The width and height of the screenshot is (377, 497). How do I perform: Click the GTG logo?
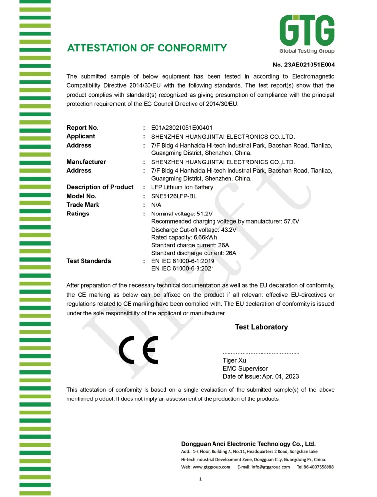click(x=307, y=33)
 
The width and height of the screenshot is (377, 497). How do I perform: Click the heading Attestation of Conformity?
click(x=147, y=48)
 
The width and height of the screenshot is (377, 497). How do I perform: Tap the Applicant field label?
click(x=81, y=136)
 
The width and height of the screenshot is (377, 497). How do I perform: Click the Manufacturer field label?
click(x=86, y=162)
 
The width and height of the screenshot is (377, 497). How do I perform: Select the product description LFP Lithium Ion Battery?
click(x=182, y=187)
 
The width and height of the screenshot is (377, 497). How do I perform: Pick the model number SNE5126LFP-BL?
click(x=174, y=196)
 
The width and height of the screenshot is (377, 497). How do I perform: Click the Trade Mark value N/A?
click(x=157, y=205)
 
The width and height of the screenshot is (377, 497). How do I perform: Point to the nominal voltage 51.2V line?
click(x=182, y=214)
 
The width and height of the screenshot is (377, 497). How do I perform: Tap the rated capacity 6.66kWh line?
click(x=184, y=237)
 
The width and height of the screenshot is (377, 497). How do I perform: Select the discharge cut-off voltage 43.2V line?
click(x=194, y=230)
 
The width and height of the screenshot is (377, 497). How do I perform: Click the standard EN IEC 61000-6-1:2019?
click(x=182, y=261)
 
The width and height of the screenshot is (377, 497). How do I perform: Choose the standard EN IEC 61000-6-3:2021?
click(x=182, y=268)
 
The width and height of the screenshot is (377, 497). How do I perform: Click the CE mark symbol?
click(x=139, y=350)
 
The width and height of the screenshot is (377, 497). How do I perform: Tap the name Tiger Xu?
click(x=234, y=360)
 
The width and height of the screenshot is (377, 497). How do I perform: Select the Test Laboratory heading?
click(x=261, y=327)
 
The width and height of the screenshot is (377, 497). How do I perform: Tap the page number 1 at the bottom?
click(x=200, y=480)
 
